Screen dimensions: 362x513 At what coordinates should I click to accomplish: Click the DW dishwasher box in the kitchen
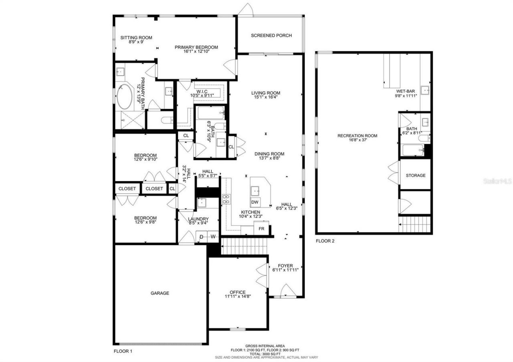[255, 202]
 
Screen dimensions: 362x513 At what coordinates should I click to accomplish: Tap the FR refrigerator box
[261, 228]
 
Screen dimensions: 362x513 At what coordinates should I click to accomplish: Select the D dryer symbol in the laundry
[201, 237]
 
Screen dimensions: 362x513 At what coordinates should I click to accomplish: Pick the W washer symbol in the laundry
[213, 237]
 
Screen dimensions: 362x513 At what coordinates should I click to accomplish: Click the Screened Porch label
[271, 36]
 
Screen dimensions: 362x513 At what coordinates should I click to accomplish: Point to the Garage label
[160, 293]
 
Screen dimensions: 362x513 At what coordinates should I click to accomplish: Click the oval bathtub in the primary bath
[125, 97]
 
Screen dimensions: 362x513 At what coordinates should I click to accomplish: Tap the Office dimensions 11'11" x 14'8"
[238, 297]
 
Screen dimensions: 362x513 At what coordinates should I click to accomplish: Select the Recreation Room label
[357, 136]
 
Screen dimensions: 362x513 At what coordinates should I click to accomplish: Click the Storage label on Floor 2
[415, 175]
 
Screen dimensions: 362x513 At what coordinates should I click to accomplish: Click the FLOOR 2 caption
[325, 241]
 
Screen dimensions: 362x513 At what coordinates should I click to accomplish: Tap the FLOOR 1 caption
[123, 351]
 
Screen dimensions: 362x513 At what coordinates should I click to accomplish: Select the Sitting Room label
[136, 38]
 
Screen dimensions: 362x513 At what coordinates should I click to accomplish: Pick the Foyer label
[285, 265]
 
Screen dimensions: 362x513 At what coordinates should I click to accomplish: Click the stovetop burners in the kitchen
[226, 199]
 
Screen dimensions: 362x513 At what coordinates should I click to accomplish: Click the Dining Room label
[269, 154]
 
